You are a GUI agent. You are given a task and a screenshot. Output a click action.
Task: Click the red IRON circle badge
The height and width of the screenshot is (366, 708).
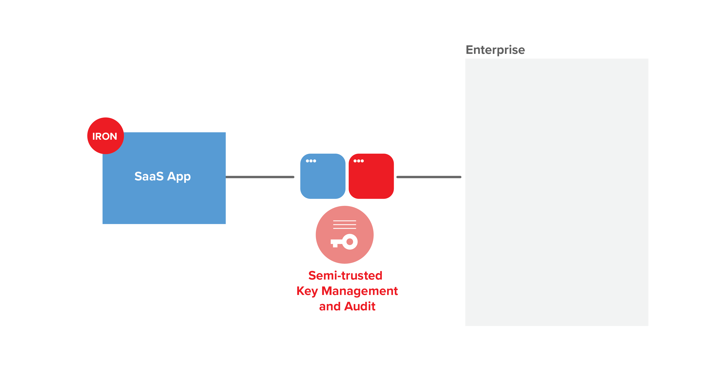tap(105, 136)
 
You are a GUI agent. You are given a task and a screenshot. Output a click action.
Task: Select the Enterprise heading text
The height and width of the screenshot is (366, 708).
tap(495, 50)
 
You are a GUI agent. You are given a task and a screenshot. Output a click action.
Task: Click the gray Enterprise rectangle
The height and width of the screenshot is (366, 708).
tap(557, 192)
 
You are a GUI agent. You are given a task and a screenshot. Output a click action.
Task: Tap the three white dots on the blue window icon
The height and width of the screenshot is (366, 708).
tap(311, 161)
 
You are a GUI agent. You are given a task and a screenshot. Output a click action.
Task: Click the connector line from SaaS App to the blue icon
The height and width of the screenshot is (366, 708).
tap(260, 177)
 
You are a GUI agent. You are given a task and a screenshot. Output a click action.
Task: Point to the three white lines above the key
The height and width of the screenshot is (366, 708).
tap(344, 224)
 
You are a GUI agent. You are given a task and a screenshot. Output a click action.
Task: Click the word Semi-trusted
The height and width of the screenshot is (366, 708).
tap(345, 276)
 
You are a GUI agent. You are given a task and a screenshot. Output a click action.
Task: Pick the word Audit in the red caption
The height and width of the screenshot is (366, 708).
tap(360, 306)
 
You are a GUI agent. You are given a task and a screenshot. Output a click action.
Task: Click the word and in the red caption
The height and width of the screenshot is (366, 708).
tap(330, 306)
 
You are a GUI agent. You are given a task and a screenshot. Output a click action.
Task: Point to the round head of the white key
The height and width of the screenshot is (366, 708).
tap(350, 242)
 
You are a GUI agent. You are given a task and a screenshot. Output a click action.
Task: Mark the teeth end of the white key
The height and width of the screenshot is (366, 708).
tap(334, 244)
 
